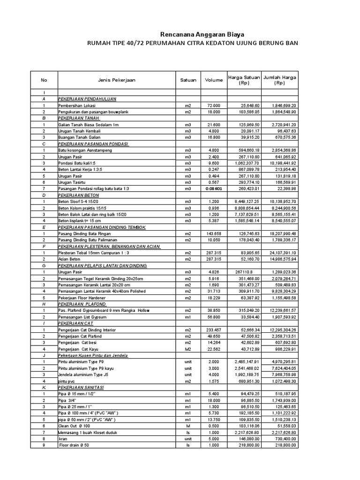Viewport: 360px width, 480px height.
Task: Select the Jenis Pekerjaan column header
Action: [117, 80]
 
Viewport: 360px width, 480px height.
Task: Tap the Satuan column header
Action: [188, 80]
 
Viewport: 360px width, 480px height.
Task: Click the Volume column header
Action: [214, 80]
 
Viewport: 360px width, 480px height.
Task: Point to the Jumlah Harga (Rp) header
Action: [280, 80]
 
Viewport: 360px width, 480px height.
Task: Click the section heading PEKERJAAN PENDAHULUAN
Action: [87, 99]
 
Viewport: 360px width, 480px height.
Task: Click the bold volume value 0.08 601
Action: [213, 188]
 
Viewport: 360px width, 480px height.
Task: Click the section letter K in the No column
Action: [44, 388]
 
